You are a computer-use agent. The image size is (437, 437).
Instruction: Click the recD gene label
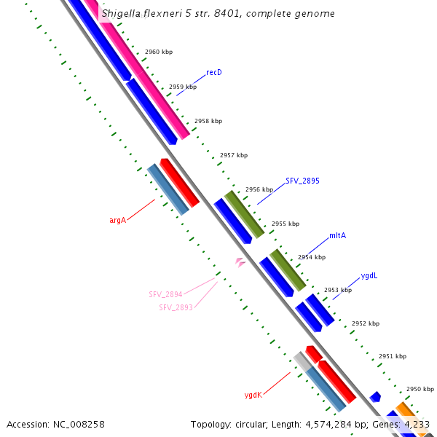(x=213, y=72)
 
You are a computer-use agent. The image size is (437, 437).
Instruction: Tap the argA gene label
(x=117, y=219)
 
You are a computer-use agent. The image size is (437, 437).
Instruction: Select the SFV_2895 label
(x=302, y=180)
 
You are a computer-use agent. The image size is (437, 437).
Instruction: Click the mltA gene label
(x=337, y=235)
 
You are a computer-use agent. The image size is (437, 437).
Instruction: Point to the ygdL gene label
(x=369, y=276)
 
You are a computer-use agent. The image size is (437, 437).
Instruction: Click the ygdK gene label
(x=253, y=395)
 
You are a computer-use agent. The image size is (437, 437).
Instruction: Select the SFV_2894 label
(x=165, y=294)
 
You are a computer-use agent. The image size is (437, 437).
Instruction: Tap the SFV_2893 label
(x=176, y=307)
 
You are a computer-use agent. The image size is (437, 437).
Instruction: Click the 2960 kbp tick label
(x=159, y=52)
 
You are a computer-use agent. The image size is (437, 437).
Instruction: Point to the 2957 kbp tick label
(x=234, y=155)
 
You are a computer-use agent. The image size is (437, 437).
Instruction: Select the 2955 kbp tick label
(x=286, y=224)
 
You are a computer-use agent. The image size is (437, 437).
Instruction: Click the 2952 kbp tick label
(x=366, y=323)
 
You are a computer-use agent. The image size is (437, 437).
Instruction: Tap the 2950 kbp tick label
(x=420, y=389)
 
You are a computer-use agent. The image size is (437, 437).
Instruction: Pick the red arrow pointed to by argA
(x=180, y=182)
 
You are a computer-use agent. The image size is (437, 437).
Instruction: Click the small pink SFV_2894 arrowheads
(x=240, y=261)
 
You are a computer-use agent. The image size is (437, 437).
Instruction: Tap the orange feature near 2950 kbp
(x=406, y=410)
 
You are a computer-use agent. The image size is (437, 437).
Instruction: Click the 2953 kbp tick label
(x=338, y=290)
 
